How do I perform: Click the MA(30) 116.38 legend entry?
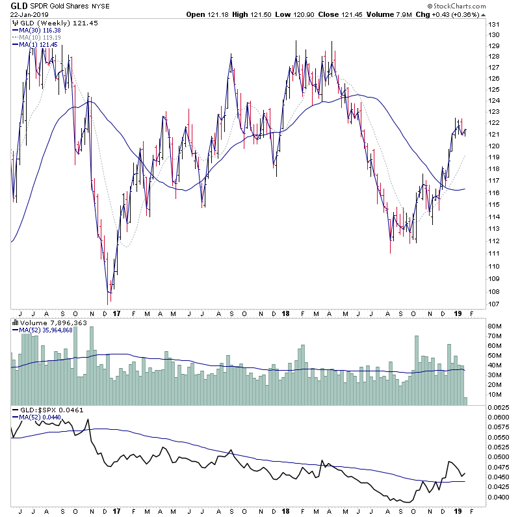pyautogui.click(x=39, y=30)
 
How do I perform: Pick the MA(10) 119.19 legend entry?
pyautogui.click(x=39, y=37)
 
